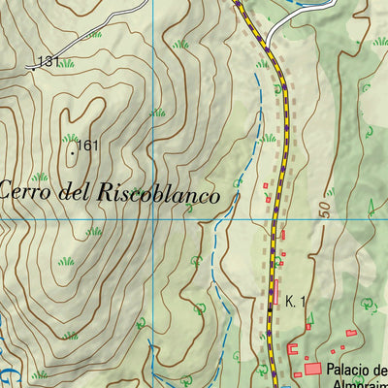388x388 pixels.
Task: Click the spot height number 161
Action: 88,146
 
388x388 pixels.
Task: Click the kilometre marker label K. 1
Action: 295,302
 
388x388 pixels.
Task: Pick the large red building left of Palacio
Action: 312,369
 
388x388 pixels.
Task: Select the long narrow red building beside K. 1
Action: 275,290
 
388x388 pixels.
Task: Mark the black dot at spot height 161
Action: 72,150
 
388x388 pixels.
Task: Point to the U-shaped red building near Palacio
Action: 294,349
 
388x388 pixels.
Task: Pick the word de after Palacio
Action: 380,370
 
